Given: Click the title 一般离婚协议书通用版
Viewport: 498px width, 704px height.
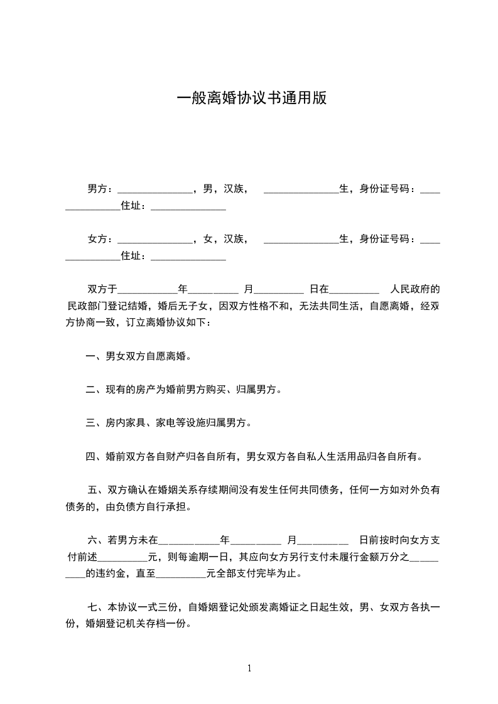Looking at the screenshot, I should [x=251, y=99].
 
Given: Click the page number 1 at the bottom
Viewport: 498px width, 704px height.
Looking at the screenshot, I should [x=249, y=668].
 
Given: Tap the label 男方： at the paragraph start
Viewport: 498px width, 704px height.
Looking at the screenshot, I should [x=100, y=188].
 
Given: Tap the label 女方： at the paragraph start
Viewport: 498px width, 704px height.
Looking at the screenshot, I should [x=100, y=238].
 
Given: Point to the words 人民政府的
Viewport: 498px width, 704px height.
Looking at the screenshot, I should [x=414, y=289].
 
